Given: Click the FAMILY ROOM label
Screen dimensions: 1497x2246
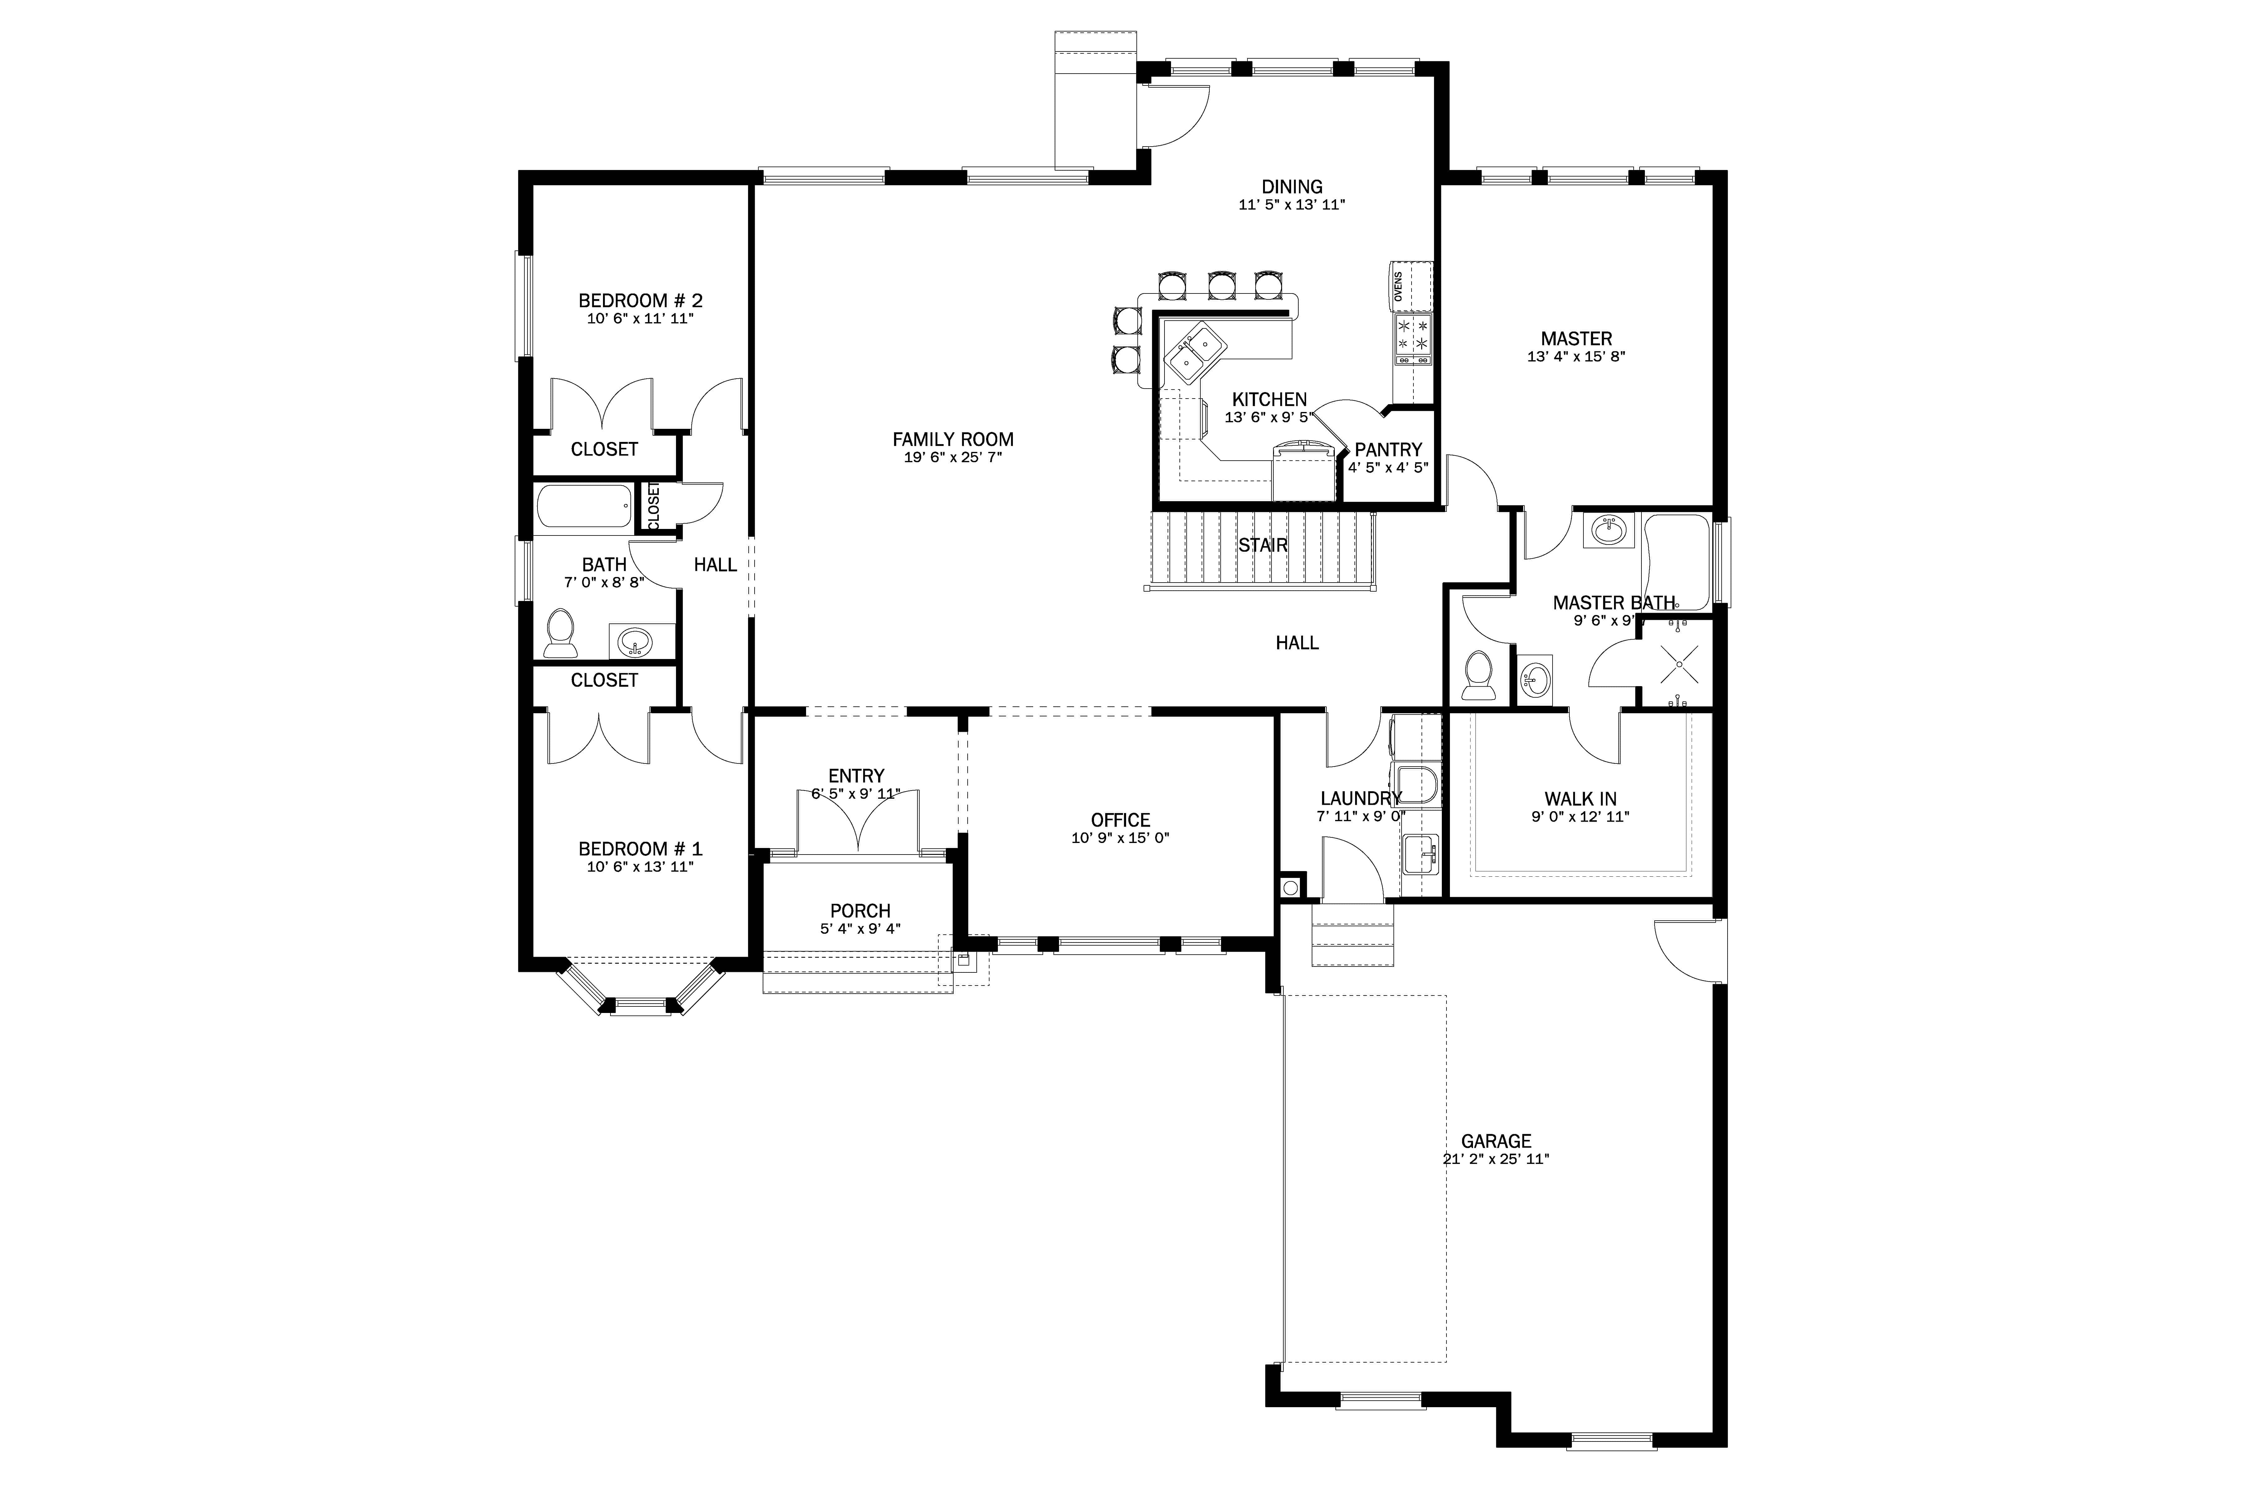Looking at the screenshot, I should click(952, 439).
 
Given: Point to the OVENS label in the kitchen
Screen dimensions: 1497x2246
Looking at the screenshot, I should click(1398, 286).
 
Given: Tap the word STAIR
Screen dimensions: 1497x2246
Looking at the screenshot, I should click(1262, 545).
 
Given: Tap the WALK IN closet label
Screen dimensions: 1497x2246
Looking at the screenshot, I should click(1579, 799).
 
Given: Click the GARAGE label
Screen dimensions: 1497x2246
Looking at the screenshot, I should click(1495, 1141).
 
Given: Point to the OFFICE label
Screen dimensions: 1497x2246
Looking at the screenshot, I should click(1120, 820).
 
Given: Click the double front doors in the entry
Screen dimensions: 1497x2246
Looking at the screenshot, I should click(858, 821).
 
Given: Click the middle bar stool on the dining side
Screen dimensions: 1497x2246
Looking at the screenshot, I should click(1221, 283).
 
